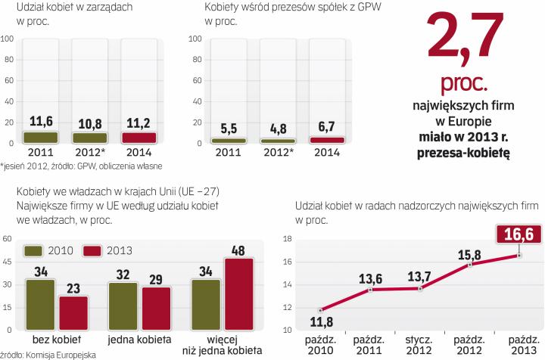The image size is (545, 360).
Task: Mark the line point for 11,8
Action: pyautogui.click(x=319, y=310)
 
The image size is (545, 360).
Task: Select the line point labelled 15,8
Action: pyautogui.click(x=470, y=265)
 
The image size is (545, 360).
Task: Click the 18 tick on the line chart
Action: pyautogui.click(x=286, y=239)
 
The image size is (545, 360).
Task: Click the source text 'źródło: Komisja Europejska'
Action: pyautogui.click(x=45, y=354)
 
